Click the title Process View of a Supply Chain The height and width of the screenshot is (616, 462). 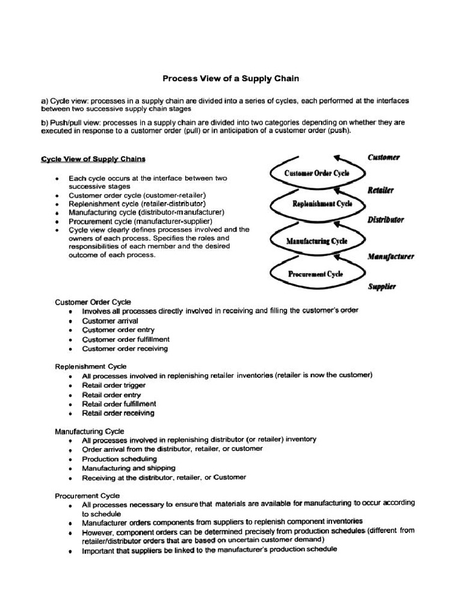point(231,78)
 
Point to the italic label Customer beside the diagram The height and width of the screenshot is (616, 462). point(383,158)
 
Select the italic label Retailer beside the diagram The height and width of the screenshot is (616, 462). point(380,190)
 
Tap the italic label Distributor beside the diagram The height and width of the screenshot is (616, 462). point(386,220)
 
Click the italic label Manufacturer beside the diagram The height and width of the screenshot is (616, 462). point(390,256)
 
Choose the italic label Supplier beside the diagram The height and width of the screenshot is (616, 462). point(381,287)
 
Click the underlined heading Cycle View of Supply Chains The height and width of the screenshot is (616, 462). point(93,159)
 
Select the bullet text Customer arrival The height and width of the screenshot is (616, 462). point(110,321)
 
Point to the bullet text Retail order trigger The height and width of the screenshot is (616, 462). point(114,385)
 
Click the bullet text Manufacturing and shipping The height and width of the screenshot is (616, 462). point(129,467)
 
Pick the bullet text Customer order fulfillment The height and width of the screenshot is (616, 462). point(126,339)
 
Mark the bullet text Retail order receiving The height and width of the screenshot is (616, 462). point(118,413)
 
